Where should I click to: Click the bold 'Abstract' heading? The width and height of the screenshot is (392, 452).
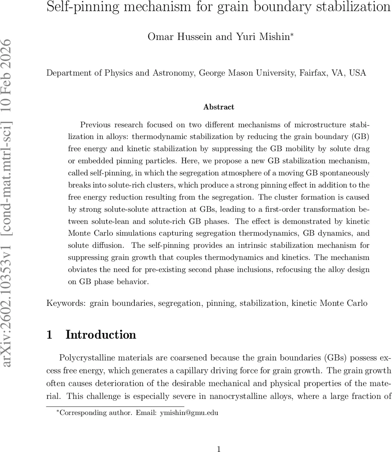(x=218, y=107)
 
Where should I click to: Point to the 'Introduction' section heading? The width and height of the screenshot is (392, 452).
(x=101, y=335)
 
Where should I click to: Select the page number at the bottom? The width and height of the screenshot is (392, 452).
(x=218, y=449)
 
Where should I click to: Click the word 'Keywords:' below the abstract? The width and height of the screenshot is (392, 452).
(x=66, y=303)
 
